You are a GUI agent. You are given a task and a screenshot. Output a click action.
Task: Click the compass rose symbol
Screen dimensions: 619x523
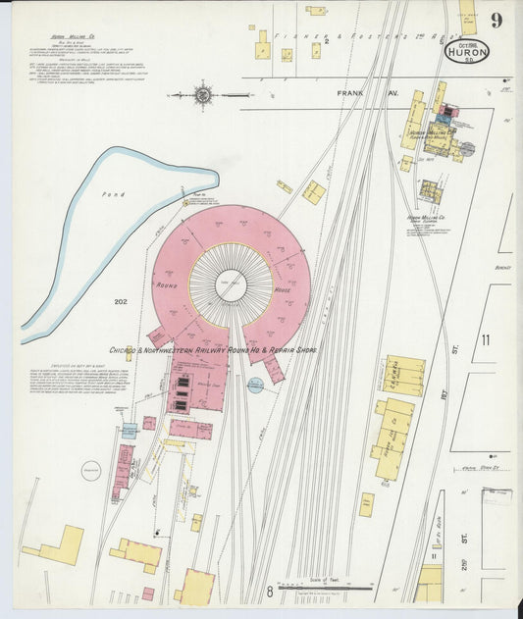[x=203, y=95]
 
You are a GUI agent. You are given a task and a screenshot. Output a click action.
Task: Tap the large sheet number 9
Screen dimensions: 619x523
[x=497, y=21]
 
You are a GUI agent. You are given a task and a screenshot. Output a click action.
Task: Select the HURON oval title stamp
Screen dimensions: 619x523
[x=466, y=50]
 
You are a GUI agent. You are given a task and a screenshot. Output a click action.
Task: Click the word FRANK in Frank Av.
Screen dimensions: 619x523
[x=350, y=94]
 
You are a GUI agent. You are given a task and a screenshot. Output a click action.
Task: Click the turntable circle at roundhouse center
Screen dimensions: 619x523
[x=231, y=284]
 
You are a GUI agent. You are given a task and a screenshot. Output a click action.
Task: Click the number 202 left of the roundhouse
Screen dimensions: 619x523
[x=121, y=301]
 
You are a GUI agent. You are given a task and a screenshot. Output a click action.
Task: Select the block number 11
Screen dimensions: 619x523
[x=485, y=338]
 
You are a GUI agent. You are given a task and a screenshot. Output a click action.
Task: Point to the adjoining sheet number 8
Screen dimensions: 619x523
[x=269, y=592]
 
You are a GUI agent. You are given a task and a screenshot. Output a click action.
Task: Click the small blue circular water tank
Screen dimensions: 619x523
[x=255, y=386]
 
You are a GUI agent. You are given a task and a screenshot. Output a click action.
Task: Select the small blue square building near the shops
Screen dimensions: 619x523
[x=129, y=431]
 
